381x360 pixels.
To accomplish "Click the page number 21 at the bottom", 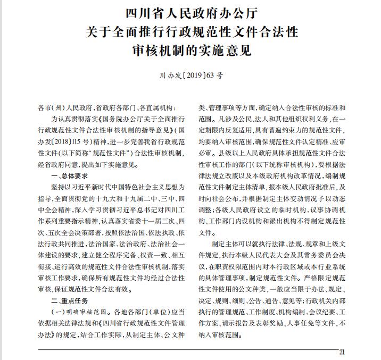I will tap(342, 351).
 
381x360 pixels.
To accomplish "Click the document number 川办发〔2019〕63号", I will tap(191, 76).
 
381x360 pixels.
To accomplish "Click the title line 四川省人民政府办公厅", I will tap(190, 12).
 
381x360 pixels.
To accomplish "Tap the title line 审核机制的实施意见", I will tap(190, 52).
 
